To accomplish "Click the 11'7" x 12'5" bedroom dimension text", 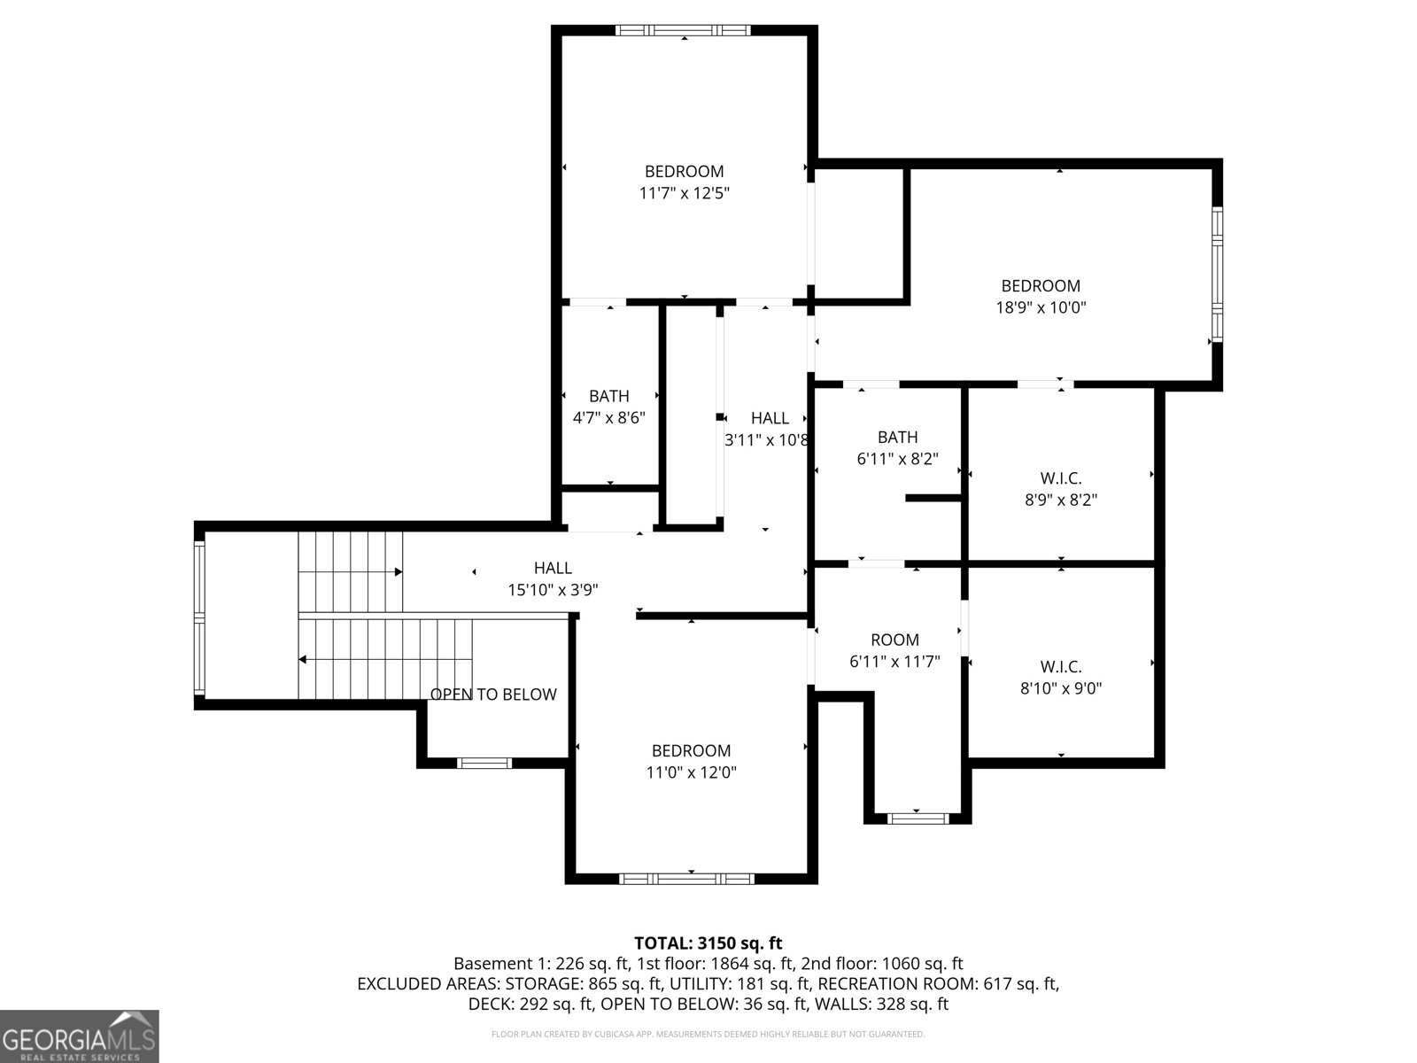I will (684, 193).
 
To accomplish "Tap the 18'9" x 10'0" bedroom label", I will (1041, 307).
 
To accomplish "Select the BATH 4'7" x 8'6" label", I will (609, 407).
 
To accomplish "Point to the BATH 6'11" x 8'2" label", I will (897, 447).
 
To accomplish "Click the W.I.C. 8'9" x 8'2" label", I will (1061, 489).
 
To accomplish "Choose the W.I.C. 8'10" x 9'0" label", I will (1061, 677).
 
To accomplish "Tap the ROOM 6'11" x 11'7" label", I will (894, 650).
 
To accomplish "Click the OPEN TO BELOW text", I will (493, 694).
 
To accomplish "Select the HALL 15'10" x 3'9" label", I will (553, 578).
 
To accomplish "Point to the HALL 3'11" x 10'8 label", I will (768, 429).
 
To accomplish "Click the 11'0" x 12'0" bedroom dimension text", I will (691, 772).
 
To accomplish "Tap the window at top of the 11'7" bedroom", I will (683, 30).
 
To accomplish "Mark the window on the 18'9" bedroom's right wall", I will (1217, 275).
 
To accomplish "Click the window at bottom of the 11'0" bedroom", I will (686, 879).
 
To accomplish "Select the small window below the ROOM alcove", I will (918, 819).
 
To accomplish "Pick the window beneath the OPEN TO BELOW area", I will (484, 763).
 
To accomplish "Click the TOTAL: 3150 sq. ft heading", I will (708, 943).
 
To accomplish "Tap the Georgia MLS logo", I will (79, 1036).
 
